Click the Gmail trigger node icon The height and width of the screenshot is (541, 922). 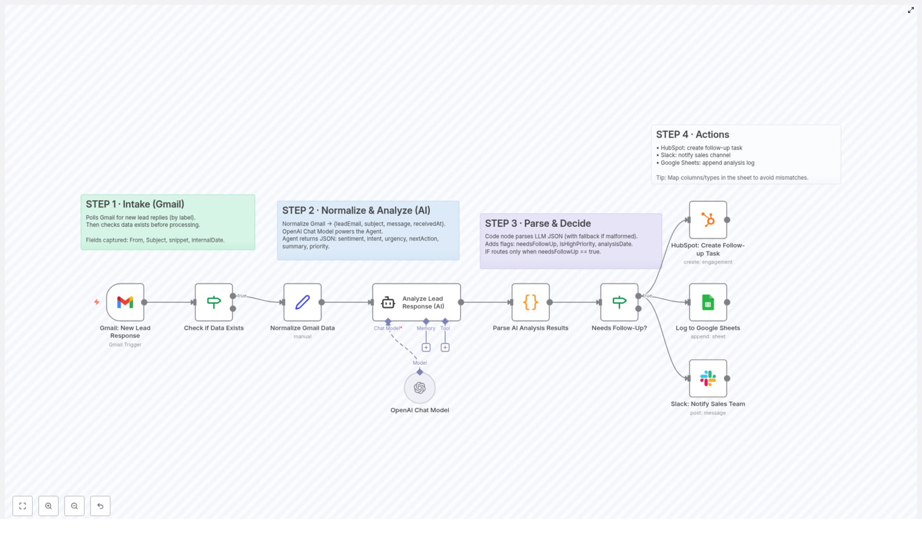click(125, 302)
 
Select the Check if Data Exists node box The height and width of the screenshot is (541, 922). click(214, 302)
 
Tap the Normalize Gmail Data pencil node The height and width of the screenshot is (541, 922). click(303, 302)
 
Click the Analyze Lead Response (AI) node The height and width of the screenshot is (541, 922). click(416, 302)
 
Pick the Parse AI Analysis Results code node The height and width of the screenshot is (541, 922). click(530, 302)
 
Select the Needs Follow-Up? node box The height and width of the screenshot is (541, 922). click(619, 302)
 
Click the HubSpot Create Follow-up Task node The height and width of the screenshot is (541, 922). click(708, 220)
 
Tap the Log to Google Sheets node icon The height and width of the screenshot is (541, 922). click(708, 302)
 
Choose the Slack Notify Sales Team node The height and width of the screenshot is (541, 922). click(708, 378)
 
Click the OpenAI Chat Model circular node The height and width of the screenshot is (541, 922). click(420, 388)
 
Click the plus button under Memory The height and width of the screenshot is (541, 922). click(426, 347)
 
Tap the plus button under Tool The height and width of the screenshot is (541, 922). click(445, 347)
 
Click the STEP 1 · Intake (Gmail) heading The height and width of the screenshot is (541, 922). click(135, 204)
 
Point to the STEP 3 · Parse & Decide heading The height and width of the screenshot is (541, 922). click(538, 223)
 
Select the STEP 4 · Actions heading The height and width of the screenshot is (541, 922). click(692, 134)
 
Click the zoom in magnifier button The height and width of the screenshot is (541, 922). click(48, 506)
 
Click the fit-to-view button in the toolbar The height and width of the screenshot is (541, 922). click(22, 506)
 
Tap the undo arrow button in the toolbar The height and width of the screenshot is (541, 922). click(100, 506)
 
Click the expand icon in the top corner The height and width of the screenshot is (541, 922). click(910, 10)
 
